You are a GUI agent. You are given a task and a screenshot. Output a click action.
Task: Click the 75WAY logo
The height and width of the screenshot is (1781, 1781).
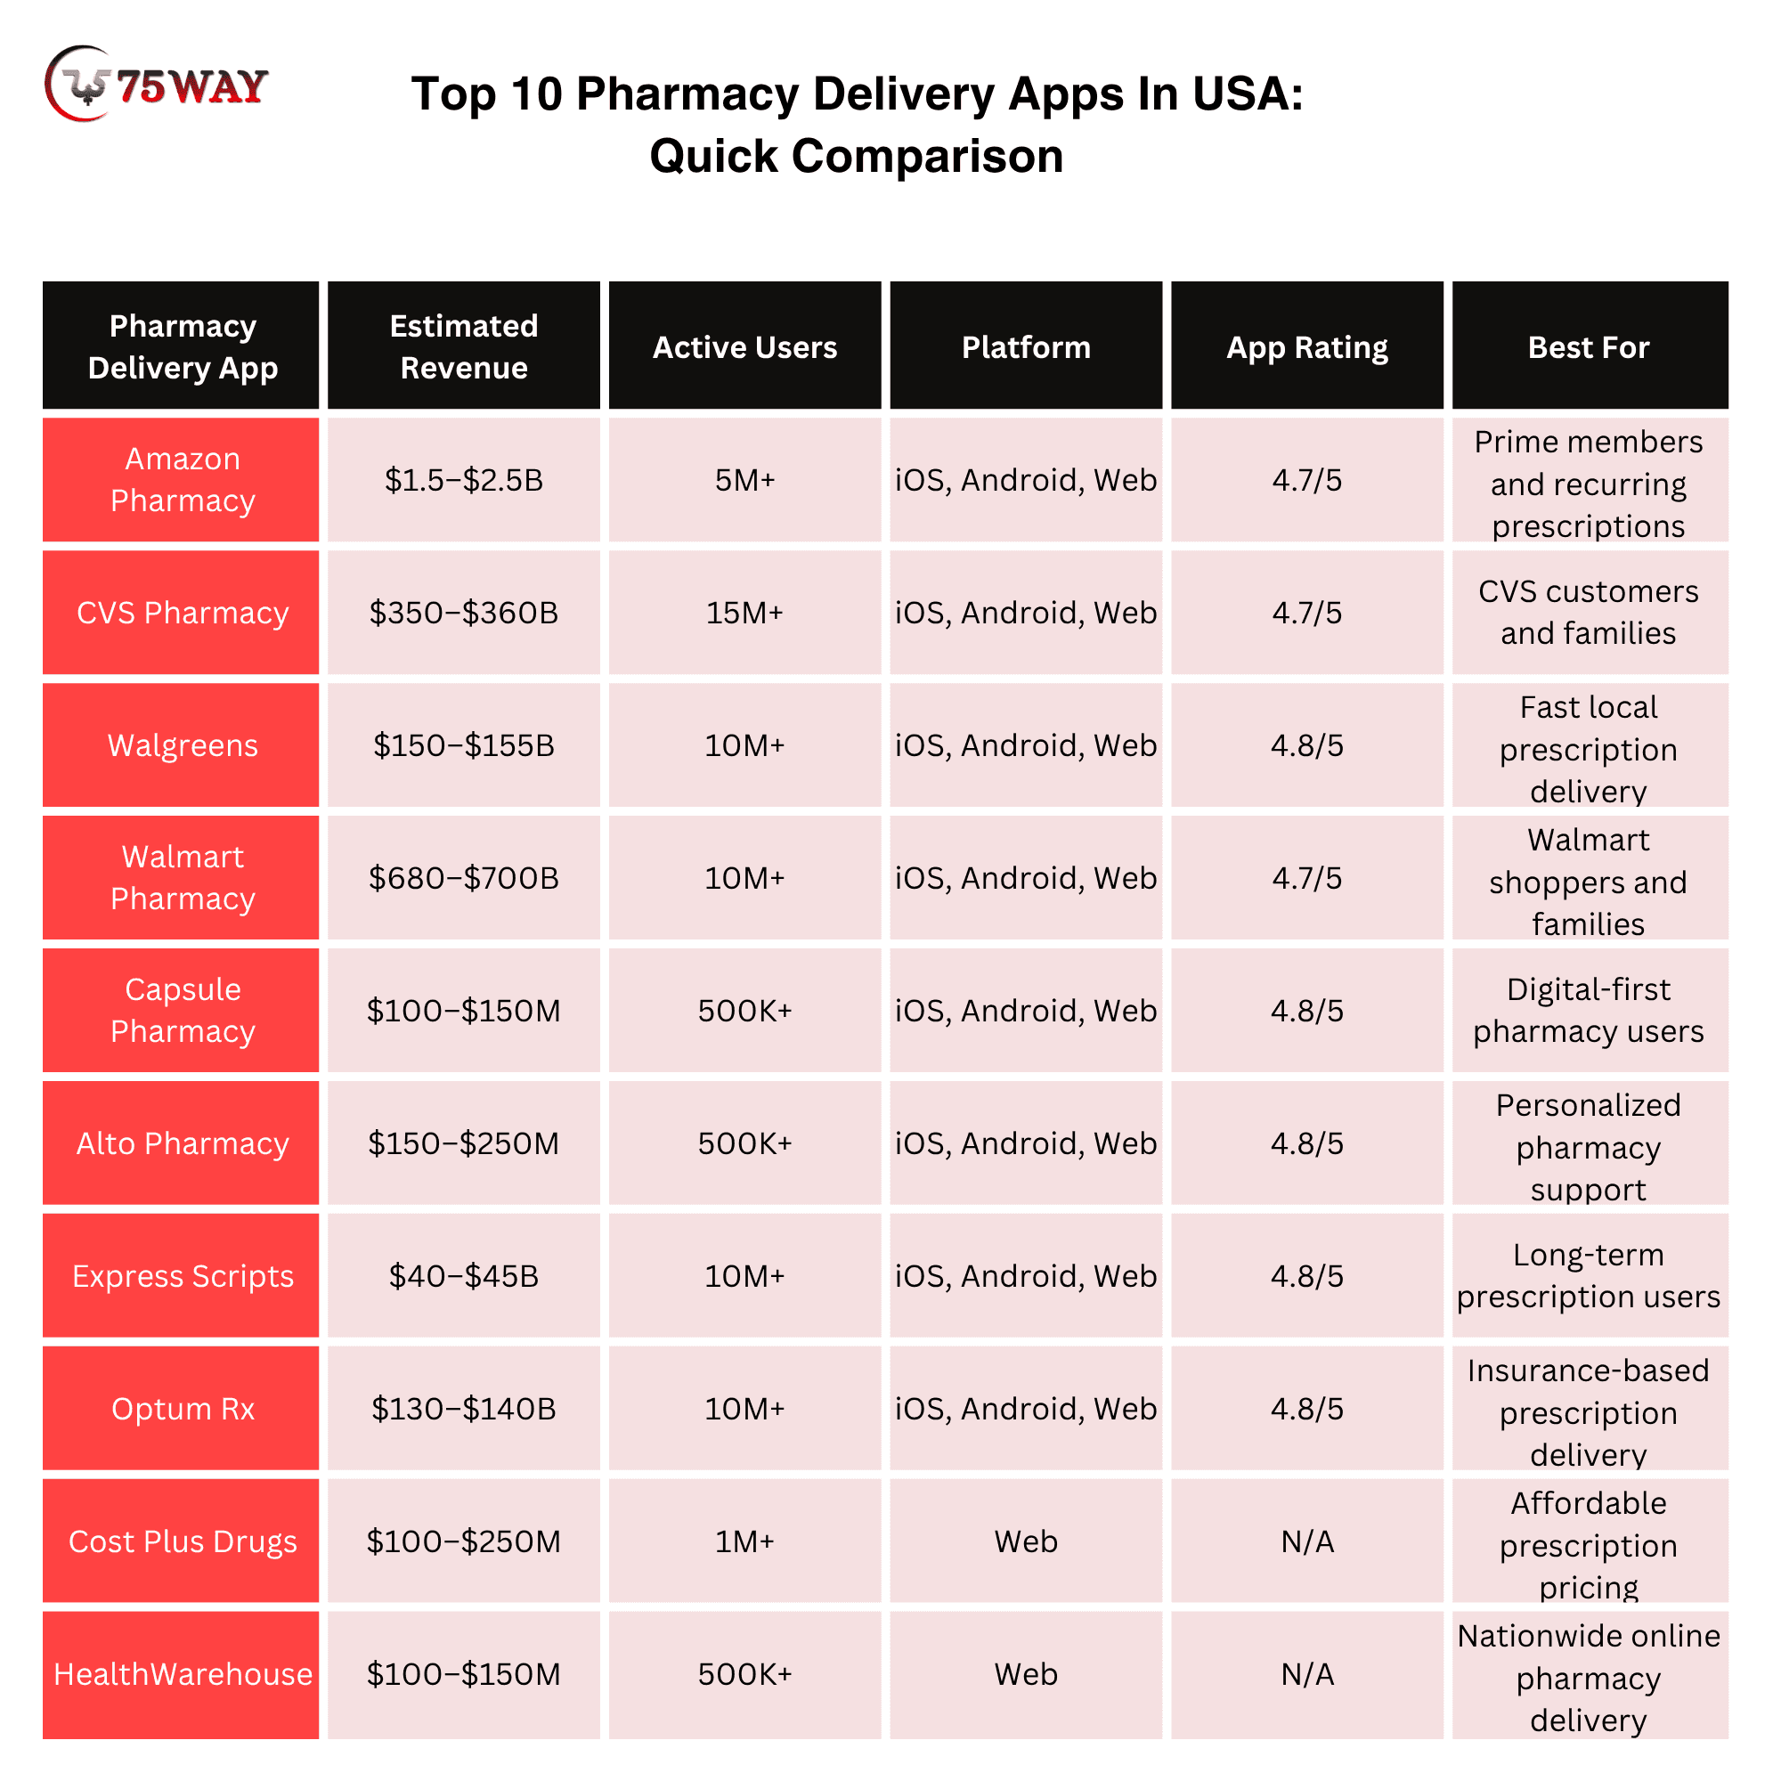click(156, 84)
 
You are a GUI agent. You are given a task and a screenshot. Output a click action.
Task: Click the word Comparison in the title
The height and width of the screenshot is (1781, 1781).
click(927, 156)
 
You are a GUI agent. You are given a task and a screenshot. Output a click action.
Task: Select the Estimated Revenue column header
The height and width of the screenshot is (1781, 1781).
click(464, 346)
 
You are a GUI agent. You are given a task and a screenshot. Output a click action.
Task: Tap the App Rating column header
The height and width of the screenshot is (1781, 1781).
click(1306, 346)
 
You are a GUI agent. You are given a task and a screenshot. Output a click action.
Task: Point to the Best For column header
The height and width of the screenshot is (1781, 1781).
click(1590, 346)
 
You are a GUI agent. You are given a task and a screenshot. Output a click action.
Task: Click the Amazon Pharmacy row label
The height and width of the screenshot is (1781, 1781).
click(182, 479)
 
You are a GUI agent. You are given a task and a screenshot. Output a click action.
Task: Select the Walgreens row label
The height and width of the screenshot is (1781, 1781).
click(182, 744)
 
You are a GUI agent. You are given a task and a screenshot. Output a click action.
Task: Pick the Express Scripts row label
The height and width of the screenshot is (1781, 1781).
click(182, 1276)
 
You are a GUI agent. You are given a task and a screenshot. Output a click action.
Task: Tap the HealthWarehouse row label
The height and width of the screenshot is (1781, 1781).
click(182, 1674)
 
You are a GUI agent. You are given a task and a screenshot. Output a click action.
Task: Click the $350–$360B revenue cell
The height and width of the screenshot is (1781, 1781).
click(464, 612)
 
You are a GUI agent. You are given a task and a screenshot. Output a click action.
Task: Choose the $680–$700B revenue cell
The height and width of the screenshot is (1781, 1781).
click(464, 878)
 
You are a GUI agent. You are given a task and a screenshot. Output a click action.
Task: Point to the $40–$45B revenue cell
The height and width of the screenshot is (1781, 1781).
click(464, 1276)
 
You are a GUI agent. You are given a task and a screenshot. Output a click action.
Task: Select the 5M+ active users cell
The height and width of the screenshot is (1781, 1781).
click(744, 479)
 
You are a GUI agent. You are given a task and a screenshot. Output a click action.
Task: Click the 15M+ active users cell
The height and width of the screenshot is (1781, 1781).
click(744, 612)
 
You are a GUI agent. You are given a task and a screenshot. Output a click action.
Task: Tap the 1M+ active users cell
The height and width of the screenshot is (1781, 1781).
click(744, 1541)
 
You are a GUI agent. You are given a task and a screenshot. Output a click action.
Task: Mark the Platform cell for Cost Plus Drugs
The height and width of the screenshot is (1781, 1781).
click(1026, 1541)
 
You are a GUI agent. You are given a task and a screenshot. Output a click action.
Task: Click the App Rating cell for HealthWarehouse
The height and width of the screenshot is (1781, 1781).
click(1306, 1674)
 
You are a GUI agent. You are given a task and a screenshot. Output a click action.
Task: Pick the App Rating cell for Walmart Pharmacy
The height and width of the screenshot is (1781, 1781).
click(1306, 878)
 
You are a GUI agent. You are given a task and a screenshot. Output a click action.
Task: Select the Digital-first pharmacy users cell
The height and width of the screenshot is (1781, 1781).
click(1590, 1011)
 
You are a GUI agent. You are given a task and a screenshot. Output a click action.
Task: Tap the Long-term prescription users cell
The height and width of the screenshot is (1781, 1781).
click(1590, 1276)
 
